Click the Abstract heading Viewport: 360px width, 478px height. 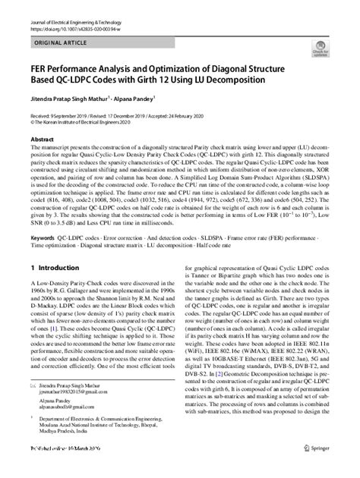point(42,141)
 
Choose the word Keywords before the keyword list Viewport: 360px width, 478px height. point(42,237)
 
